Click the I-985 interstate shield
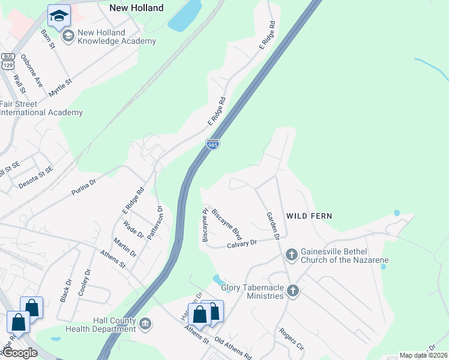212,145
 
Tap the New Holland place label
136,8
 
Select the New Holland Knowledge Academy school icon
68,37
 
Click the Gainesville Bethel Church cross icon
291,254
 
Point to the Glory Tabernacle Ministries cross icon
292,291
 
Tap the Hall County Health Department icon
145,325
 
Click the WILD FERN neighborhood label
309,215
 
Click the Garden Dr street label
273,226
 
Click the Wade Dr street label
133,230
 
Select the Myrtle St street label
60,84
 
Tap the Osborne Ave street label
32,71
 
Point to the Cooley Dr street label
83,282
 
